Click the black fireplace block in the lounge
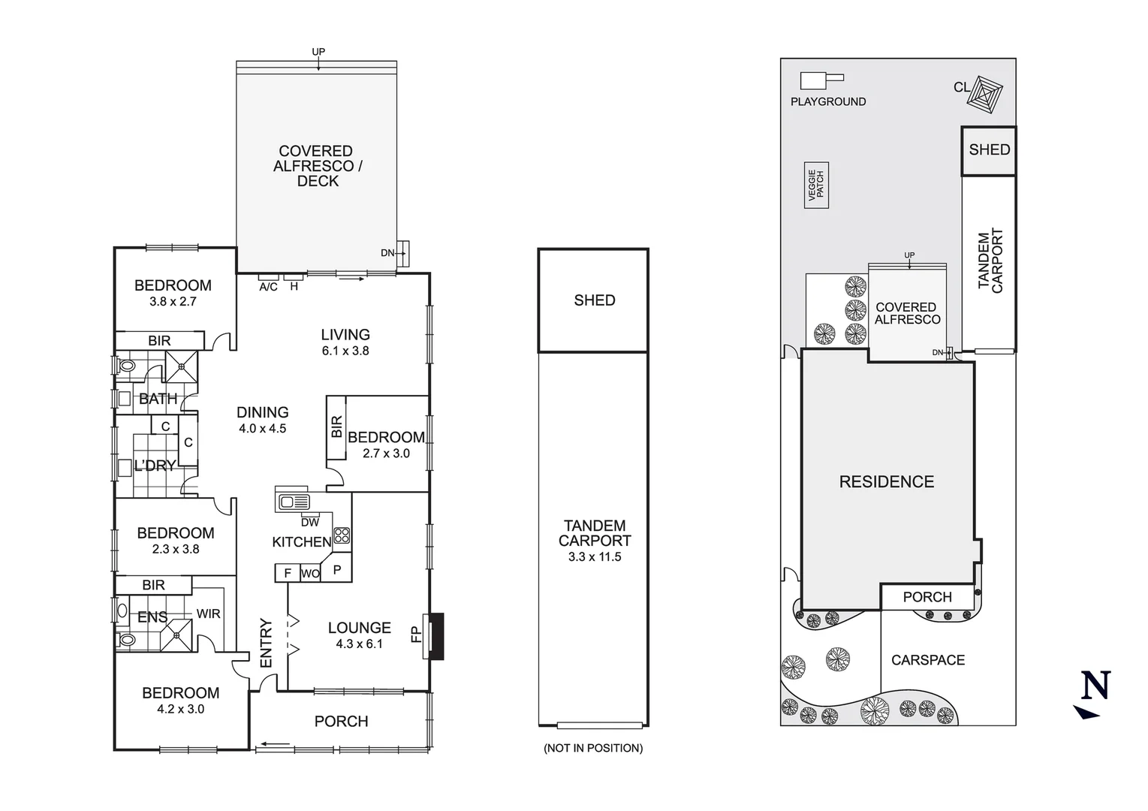(x=435, y=636)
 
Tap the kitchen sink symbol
(x=293, y=502)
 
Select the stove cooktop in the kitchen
(x=342, y=535)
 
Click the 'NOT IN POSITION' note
(x=593, y=748)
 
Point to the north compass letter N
(x=1095, y=686)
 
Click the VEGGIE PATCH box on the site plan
(x=816, y=185)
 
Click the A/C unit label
(x=268, y=287)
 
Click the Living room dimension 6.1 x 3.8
(x=345, y=351)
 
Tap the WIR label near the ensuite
(x=209, y=614)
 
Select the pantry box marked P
(x=337, y=570)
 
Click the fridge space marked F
(x=287, y=573)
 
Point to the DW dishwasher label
(x=309, y=522)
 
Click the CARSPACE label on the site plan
(x=928, y=660)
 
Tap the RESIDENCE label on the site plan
(x=887, y=482)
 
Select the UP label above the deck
(x=318, y=52)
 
